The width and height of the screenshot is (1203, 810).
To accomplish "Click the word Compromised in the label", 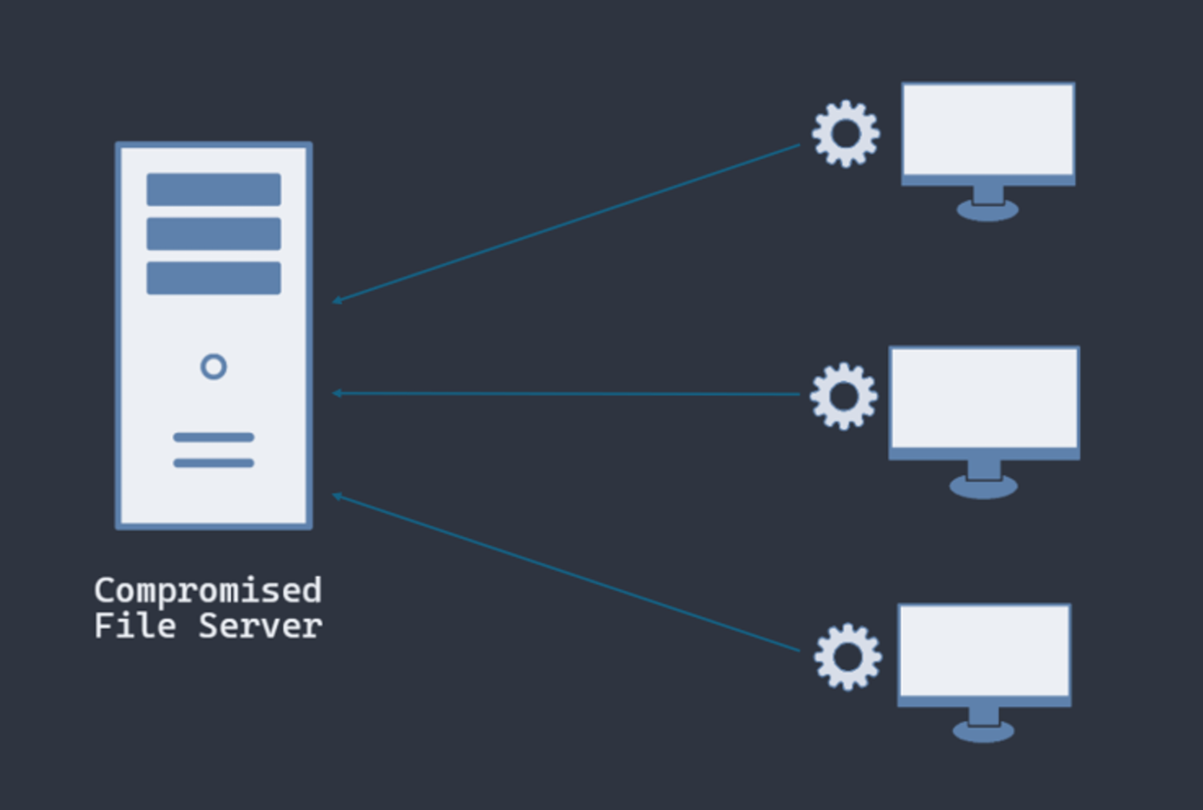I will (x=207, y=591).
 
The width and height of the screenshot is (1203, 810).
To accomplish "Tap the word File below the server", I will (x=135, y=626).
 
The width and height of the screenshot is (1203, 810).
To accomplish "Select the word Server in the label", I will (x=260, y=626).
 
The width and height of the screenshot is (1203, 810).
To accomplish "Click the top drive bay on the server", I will (x=213, y=189).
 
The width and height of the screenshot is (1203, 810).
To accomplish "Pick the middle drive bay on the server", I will (x=213, y=234).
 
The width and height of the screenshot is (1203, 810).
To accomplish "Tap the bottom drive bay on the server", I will (x=213, y=278).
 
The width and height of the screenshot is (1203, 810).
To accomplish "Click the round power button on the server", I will (x=213, y=367).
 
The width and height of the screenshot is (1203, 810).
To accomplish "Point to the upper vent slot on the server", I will (x=213, y=437).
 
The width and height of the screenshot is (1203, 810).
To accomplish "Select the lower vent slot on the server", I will (x=213, y=463).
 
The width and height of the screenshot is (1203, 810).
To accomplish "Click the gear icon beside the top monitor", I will (x=845, y=133).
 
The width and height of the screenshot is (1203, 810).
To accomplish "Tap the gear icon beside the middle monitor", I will (x=843, y=396).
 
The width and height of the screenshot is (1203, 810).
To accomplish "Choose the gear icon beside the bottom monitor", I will (x=847, y=657).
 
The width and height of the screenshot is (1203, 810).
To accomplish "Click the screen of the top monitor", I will (x=988, y=129).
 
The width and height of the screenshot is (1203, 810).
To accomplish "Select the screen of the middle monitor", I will (x=984, y=397).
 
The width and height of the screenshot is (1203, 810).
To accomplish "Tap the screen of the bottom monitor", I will (x=984, y=650).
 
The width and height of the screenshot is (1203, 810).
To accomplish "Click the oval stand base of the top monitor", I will (x=987, y=210).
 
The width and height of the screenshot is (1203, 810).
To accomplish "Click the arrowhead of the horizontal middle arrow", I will (x=337, y=393).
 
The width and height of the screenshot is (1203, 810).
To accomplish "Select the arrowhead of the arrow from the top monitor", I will (x=337, y=301).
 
